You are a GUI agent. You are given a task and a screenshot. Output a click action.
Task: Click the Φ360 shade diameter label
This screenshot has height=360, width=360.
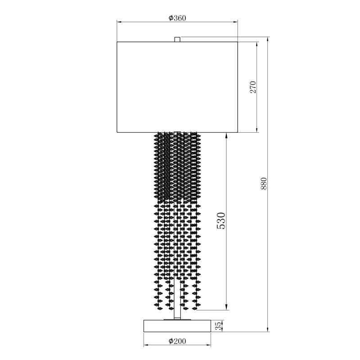pos(177,18)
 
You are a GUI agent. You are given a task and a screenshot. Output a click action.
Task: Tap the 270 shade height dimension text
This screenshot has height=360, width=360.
pos(253,87)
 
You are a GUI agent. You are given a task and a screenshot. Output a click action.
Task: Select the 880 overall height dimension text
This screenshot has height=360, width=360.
pos(264,184)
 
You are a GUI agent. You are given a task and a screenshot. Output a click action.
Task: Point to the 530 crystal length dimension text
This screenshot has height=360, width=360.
pos(221,220)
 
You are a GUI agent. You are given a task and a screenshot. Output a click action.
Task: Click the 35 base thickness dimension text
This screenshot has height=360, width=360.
pos(219,326)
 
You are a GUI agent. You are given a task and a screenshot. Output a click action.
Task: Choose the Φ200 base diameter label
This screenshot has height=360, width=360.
pos(177,341)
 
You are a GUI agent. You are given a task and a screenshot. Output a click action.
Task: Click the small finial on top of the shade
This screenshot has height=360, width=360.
pos(177,40)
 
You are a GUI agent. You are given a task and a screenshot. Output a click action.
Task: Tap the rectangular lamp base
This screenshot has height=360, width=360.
pos(177,326)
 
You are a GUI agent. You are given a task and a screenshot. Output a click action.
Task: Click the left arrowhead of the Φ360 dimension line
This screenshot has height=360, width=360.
pos(119,22)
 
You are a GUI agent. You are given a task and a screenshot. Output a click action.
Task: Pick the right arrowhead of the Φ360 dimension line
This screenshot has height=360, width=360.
pos(235,22)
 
